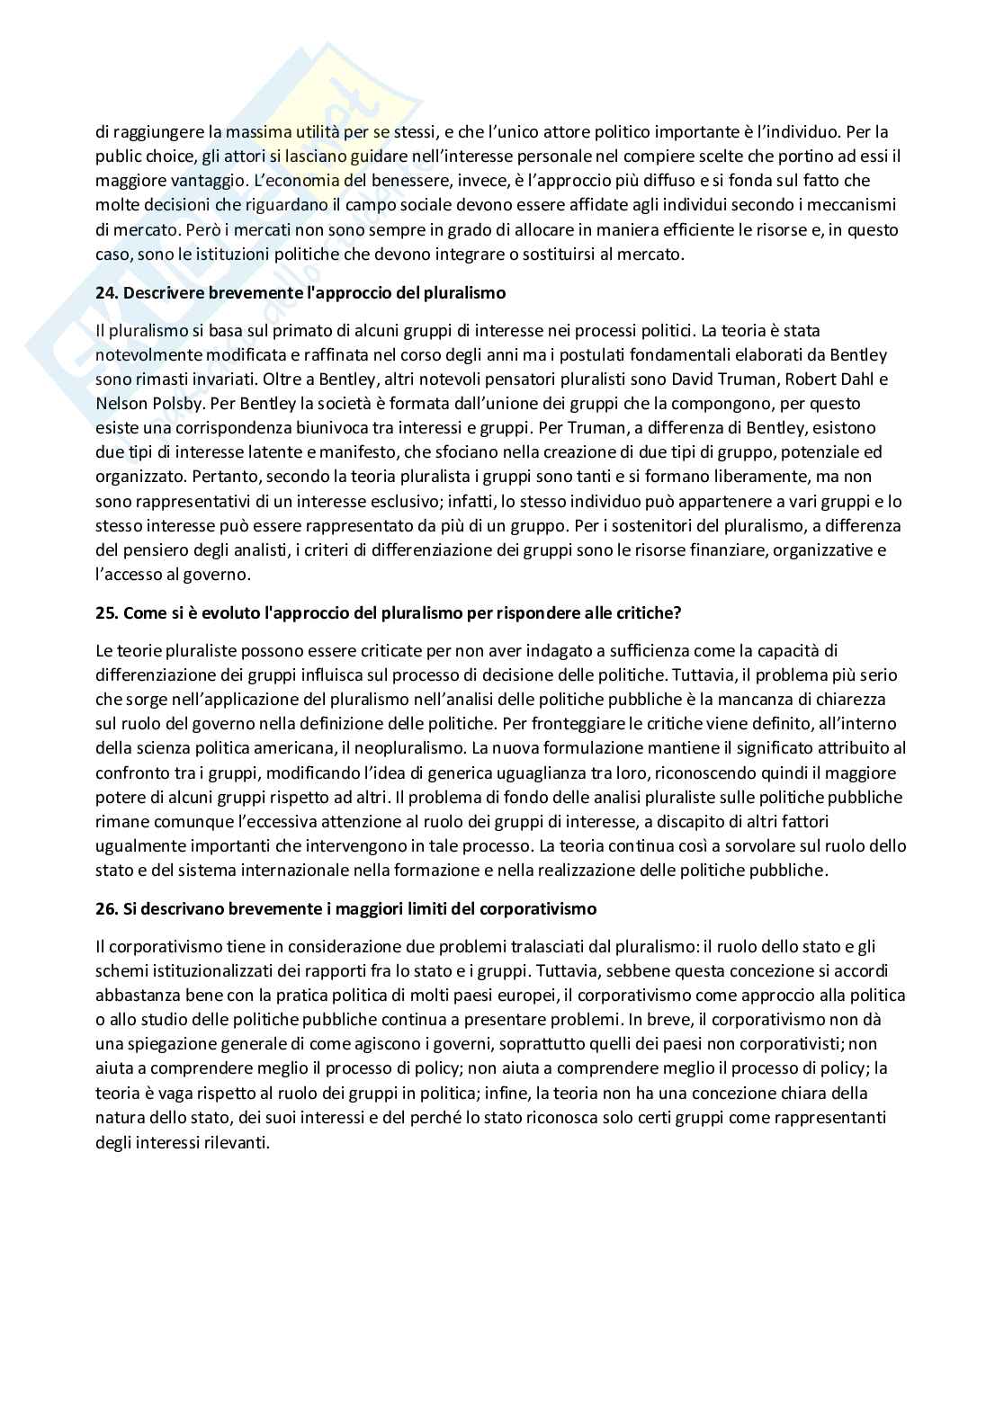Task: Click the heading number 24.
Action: (x=105, y=293)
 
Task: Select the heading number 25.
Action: (x=105, y=612)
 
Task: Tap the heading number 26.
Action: (x=105, y=908)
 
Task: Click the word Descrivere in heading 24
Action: (x=158, y=293)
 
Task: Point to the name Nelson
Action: (x=119, y=403)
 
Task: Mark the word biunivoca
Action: (x=294, y=427)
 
